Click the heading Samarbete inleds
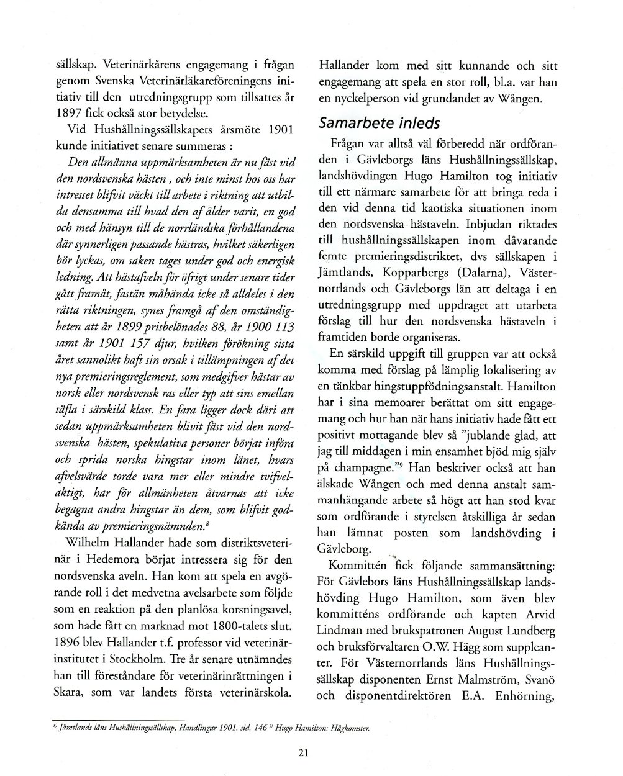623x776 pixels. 379,123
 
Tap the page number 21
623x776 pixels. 303,753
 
